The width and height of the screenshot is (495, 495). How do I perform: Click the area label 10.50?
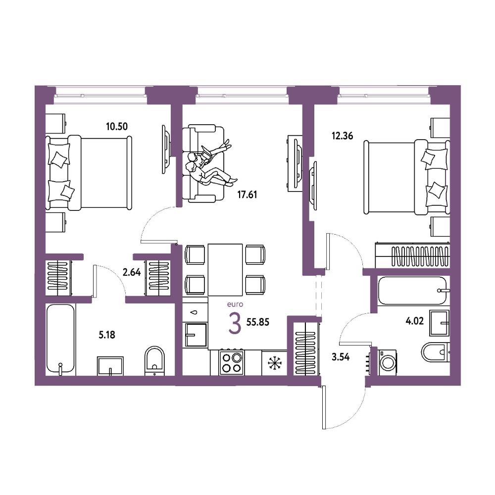(117, 127)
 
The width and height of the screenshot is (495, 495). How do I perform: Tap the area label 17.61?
(247, 195)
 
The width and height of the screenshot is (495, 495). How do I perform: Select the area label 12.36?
(342, 136)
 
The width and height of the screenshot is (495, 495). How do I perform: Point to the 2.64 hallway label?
(132, 272)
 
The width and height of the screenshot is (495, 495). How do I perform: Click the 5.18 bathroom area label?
(107, 335)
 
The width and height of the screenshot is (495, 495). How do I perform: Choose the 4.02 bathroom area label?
(414, 321)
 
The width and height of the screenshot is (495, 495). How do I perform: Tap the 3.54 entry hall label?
(341, 357)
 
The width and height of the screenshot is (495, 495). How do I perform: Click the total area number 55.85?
(258, 322)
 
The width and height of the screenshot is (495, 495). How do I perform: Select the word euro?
(235, 304)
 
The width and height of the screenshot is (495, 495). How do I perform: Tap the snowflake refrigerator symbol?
(275, 363)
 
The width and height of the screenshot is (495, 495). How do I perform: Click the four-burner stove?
(231, 362)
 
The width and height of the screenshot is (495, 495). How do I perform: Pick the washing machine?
(388, 362)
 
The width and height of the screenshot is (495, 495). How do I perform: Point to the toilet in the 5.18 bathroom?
(154, 361)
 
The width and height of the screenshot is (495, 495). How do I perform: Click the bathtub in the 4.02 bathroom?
(413, 291)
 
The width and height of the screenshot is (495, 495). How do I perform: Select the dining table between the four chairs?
(225, 270)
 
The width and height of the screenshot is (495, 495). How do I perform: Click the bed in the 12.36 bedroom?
(406, 177)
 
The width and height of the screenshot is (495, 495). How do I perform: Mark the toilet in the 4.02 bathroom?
(436, 352)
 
